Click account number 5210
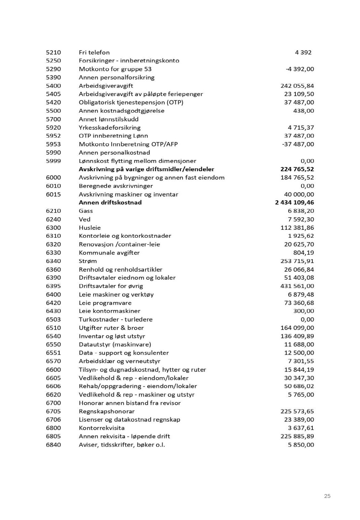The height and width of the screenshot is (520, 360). tap(53, 52)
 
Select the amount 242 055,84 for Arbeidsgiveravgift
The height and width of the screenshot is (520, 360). tap(297, 86)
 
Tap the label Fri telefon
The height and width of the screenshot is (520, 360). tap(94, 52)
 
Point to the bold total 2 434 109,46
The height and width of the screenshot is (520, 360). tap(294, 203)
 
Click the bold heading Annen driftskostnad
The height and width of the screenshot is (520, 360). tap(110, 203)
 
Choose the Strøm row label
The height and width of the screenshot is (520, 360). tap(88, 261)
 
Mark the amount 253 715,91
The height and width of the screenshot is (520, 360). tap(297, 261)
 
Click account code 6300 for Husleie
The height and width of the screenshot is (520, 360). tap(53, 228)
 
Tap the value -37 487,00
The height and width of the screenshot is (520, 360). tap(298, 144)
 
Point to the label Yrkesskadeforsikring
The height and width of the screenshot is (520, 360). tap(109, 128)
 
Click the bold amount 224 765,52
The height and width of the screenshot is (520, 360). tap(297, 169)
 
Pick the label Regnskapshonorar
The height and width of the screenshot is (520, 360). tap(107, 412)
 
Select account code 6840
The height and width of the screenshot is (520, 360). tap(53, 445)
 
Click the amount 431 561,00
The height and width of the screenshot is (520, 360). tap(297, 286)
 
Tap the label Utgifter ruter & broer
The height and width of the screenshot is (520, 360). tap(111, 328)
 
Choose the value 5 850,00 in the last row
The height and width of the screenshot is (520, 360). tap(301, 445)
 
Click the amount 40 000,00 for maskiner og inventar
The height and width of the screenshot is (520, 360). tap(299, 194)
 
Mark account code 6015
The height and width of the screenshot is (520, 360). tap(53, 194)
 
